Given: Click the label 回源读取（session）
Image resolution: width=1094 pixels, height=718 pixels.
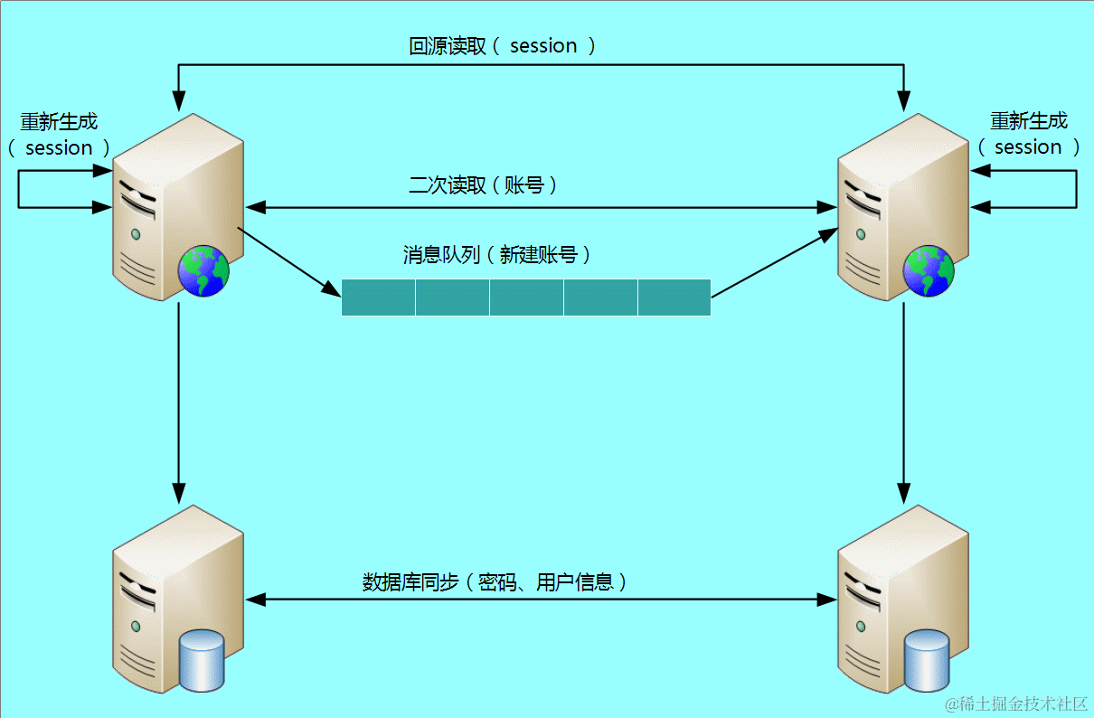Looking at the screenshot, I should pos(502,46).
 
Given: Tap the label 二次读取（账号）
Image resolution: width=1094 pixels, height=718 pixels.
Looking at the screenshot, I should pos(483,185).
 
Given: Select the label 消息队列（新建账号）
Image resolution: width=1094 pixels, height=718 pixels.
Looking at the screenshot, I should pos(496,255).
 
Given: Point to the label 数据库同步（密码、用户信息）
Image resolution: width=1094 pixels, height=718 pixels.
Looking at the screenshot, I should pos(495,581).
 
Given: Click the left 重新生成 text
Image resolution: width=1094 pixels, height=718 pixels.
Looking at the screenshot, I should pos(59,121).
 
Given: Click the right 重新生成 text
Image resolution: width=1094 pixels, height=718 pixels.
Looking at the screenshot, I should pos(1028,121).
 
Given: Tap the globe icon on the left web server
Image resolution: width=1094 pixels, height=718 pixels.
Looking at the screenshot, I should pos(203,270).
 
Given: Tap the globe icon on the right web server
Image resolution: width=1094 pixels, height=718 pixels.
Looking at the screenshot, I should pos(929,270).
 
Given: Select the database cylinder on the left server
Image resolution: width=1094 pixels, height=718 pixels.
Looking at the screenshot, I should pos(202,659).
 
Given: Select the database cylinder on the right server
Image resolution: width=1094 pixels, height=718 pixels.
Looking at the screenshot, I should pos(928,661).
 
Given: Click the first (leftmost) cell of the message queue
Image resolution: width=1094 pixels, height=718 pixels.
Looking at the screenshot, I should pos(378,298).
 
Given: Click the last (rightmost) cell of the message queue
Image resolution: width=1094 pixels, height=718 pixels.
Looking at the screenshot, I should pos(674,298).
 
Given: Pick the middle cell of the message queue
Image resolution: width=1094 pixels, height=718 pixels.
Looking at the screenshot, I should pos(526,298).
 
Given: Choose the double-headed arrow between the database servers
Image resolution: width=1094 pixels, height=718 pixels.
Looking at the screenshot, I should pos(541,600).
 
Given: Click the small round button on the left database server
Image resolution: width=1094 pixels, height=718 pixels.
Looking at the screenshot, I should pos(136,626).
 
